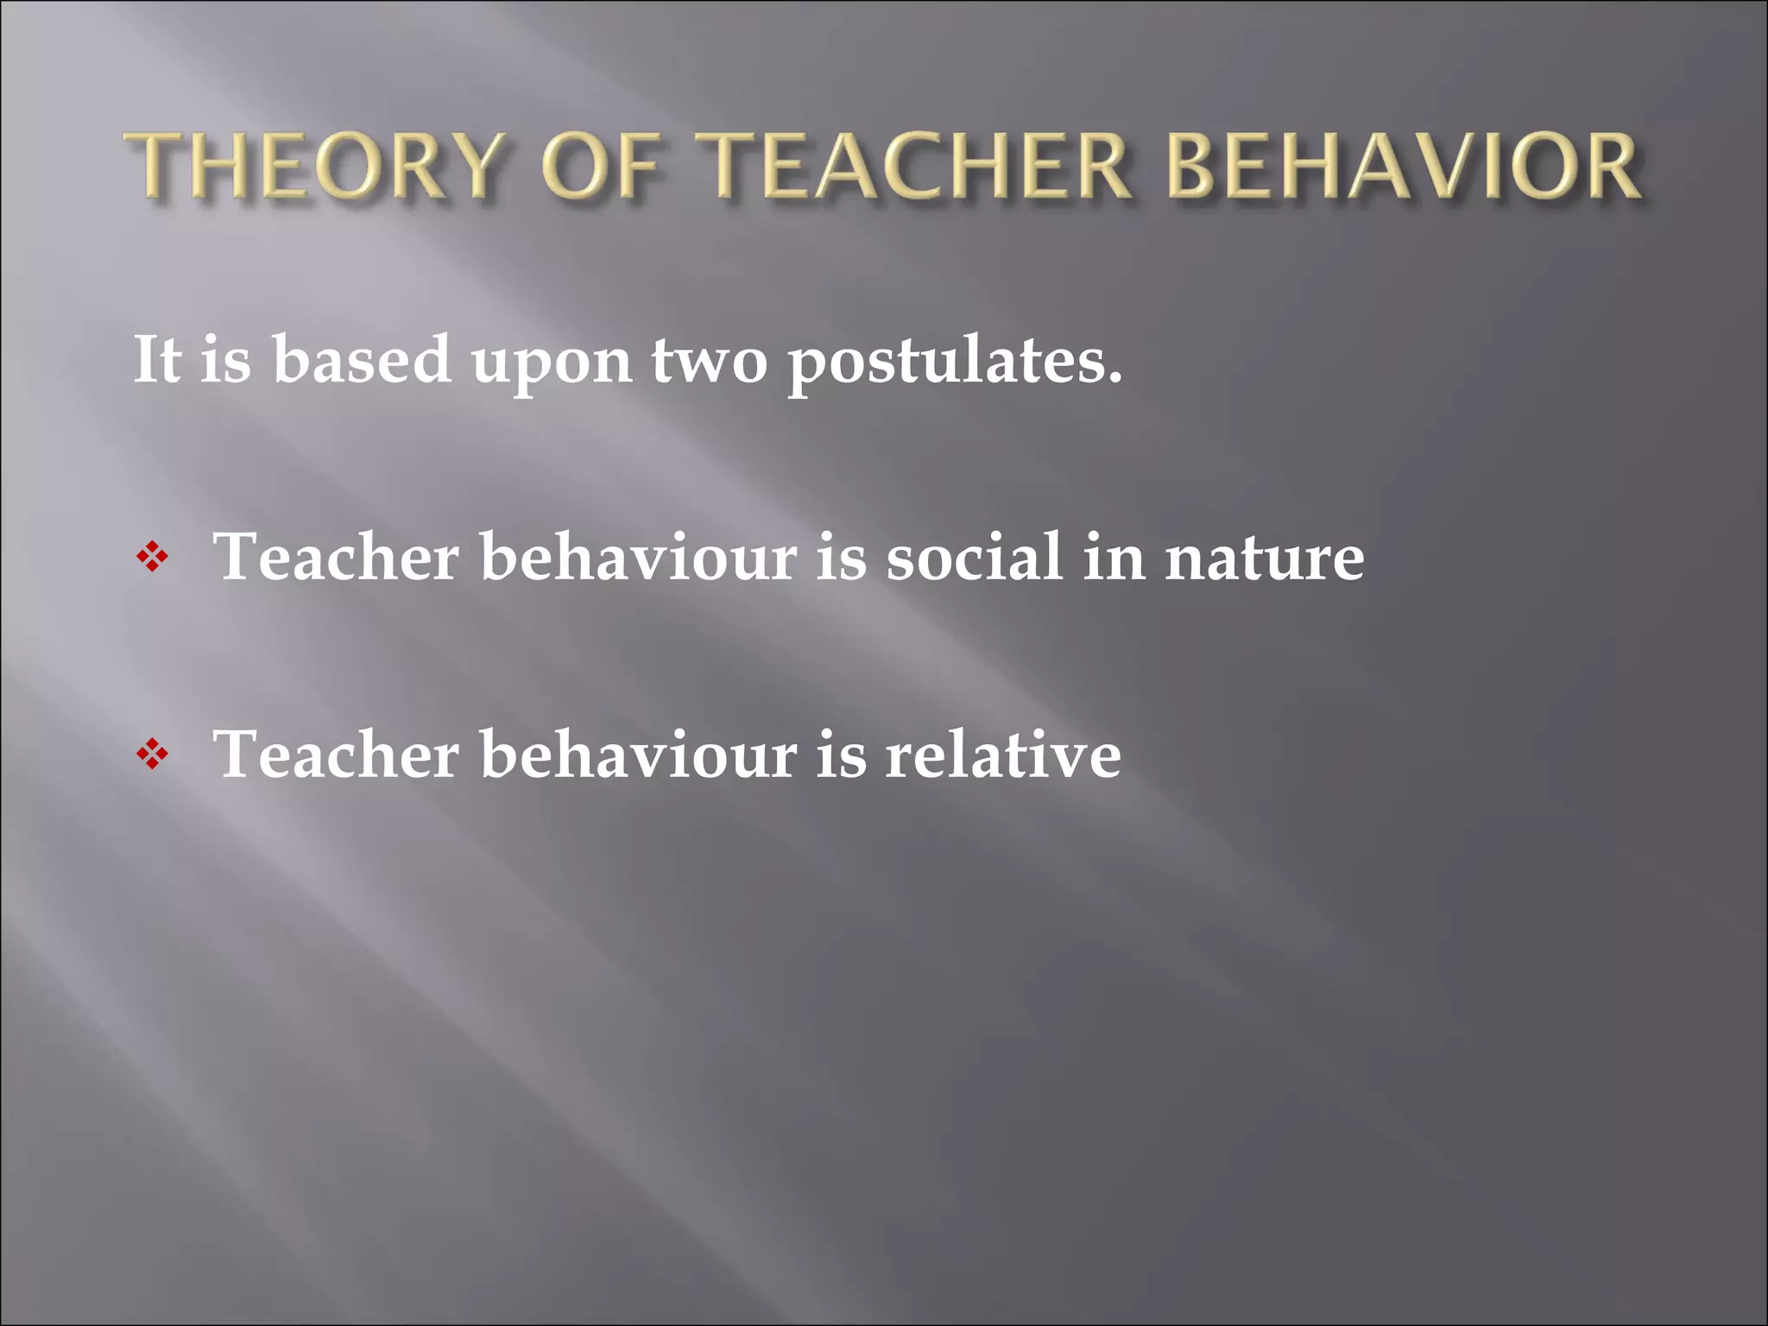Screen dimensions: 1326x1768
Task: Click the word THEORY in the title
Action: coord(313,166)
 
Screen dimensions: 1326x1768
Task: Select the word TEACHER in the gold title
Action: coord(914,166)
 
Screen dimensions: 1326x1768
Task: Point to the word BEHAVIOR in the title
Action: coord(1404,166)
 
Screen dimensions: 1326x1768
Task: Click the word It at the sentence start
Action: coord(157,359)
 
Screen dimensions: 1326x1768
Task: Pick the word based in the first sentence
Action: coord(362,359)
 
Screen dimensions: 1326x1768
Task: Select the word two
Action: coord(709,361)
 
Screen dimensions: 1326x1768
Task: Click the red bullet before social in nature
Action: coord(153,558)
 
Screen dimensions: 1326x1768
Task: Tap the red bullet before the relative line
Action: coord(153,755)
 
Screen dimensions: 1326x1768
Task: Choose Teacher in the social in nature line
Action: coord(336,557)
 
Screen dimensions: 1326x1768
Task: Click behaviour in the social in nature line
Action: coord(638,557)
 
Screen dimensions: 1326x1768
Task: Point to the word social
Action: coord(975,557)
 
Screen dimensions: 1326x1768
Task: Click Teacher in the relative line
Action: coord(336,755)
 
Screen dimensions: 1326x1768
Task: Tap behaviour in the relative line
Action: coord(638,755)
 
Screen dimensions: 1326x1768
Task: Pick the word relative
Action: coord(1003,755)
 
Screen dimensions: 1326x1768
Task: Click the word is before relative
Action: coord(841,755)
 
